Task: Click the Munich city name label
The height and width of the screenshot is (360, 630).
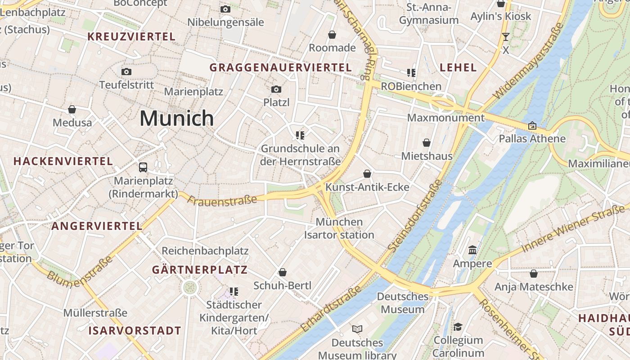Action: coord(176,118)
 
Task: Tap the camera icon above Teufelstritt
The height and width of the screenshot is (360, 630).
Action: coord(126,72)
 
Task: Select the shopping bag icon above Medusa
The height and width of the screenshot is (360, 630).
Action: coord(72,109)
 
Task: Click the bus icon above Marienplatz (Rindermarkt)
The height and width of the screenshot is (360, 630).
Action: coord(143,167)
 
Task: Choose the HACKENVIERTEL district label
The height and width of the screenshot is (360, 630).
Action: coord(63,161)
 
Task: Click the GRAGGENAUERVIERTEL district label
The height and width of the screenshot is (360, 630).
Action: coord(280,67)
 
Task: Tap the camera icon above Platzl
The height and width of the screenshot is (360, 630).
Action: coord(276,89)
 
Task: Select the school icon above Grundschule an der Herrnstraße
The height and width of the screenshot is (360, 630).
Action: coord(300,135)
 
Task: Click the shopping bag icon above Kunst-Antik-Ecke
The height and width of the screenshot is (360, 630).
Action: coord(367,174)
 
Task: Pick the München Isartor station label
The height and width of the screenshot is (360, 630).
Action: coord(339,229)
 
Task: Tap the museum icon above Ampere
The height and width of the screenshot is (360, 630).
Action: coord(472,250)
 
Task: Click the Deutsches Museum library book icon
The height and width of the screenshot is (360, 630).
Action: coord(357,329)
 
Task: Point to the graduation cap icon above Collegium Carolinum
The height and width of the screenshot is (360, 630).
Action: coord(458,327)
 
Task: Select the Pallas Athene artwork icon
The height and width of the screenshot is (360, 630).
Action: coord(532,126)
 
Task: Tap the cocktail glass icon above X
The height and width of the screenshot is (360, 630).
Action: coord(506,37)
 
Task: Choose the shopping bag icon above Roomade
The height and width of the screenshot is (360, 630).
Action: coord(332,35)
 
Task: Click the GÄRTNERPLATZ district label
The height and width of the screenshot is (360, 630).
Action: coord(200,270)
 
